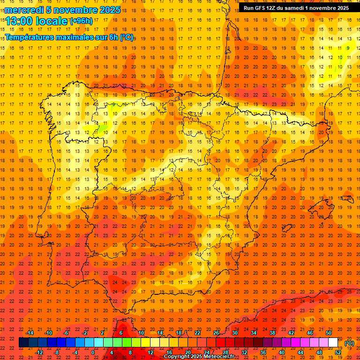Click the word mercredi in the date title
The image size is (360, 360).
[24, 10]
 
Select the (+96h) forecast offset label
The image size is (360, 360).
[81, 21]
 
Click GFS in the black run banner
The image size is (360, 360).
[262, 8]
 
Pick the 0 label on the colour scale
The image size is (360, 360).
[93, 352]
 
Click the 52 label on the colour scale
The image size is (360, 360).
[338, 352]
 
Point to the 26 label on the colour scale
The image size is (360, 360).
[216, 333]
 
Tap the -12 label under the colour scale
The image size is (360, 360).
[39, 352]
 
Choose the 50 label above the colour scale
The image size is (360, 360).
[329, 333]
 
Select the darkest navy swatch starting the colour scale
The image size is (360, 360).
[23, 342]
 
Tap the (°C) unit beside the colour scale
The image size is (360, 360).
[349, 343]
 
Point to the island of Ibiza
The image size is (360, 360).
[287, 228]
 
